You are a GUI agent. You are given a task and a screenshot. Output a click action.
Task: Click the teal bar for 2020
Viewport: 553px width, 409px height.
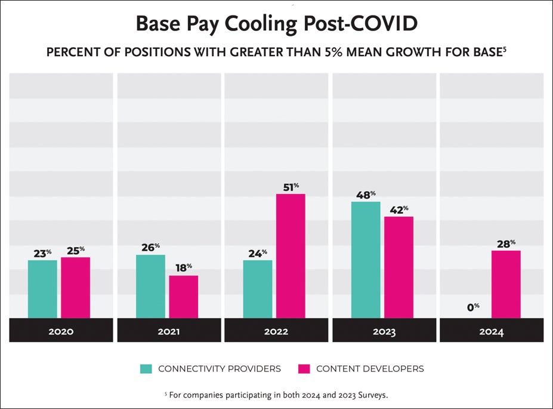tap(42, 289)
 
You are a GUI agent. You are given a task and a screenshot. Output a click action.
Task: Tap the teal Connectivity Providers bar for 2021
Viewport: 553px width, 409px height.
tap(150, 286)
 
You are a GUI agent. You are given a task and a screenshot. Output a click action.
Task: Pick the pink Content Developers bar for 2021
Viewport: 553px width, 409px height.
tap(183, 297)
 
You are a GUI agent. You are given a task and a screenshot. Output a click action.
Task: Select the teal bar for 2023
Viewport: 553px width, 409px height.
tap(366, 260)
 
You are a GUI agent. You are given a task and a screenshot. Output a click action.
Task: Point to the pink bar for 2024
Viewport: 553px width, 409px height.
tap(506, 284)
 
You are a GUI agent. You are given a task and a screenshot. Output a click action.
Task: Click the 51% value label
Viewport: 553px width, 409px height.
tap(290, 187)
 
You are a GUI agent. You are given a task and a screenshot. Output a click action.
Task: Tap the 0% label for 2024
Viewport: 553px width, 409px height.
tap(473, 307)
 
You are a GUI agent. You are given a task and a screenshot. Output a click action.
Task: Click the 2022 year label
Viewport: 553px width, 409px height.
tap(276, 331)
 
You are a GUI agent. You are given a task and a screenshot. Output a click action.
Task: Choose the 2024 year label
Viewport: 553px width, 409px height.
tap(491, 331)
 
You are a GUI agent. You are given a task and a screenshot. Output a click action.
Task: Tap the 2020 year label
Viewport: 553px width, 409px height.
tap(61, 331)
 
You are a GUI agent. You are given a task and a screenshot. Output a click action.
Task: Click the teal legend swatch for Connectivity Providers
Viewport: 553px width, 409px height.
tap(146, 369)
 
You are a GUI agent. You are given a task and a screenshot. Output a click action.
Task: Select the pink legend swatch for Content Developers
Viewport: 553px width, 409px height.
tap(304, 369)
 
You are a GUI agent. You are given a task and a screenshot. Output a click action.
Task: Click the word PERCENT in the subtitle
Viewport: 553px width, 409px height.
tap(70, 52)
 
